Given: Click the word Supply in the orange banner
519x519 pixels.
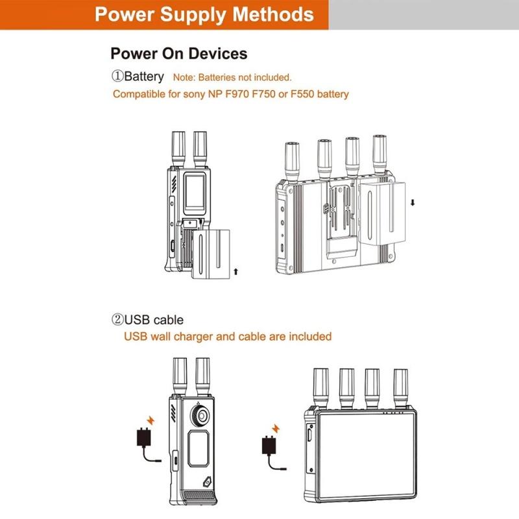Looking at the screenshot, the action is click(x=193, y=15).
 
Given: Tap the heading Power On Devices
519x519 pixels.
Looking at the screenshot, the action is click(x=179, y=54).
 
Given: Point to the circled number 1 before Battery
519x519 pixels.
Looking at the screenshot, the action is click(x=117, y=76).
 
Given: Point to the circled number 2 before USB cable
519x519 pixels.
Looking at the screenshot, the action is click(x=117, y=320).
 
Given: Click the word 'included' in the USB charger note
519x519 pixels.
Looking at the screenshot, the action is click(x=310, y=336).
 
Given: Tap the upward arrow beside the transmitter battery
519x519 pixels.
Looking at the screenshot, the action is click(x=235, y=272).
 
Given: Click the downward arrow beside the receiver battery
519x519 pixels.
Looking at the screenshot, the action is click(x=413, y=202).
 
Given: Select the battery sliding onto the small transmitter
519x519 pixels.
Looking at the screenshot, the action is click(x=211, y=254).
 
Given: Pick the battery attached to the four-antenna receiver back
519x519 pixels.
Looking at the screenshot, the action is click(x=382, y=213).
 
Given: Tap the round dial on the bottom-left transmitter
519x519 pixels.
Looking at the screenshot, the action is click(x=200, y=415).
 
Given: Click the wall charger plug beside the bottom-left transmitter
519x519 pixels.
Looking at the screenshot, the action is click(x=144, y=437).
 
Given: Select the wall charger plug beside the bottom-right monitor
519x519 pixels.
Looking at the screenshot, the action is click(x=269, y=445).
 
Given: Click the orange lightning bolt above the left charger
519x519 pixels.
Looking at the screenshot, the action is click(x=151, y=420).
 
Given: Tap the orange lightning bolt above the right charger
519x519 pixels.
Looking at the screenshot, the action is click(x=275, y=428).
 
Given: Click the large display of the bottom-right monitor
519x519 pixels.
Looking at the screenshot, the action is click(x=366, y=455).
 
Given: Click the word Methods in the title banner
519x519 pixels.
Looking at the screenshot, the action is click(x=273, y=14).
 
